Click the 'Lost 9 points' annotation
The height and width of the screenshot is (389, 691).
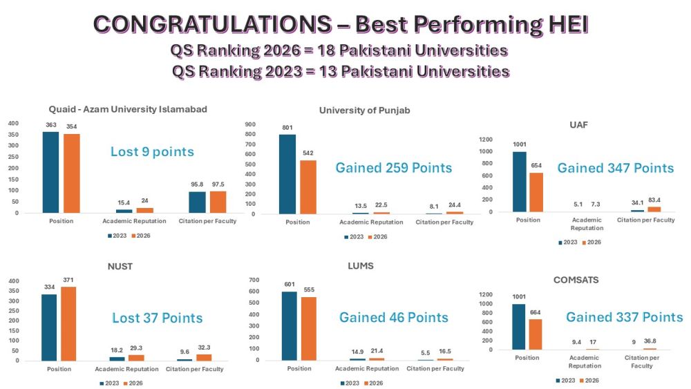(x=152, y=152)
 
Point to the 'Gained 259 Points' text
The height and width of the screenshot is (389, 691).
(x=393, y=168)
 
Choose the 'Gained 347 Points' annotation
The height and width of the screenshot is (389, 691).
(x=615, y=168)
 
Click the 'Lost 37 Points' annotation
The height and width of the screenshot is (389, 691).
(x=157, y=318)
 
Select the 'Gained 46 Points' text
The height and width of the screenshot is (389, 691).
(x=393, y=318)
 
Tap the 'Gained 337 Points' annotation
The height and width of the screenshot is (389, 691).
(x=624, y=317)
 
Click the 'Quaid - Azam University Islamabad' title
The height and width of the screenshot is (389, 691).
(x=128, y=109)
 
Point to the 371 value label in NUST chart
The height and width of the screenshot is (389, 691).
(x=68, y=280)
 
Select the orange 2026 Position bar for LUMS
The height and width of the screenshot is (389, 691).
(x=308, y=328)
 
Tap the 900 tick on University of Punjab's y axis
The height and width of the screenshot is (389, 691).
(x=251, y=124)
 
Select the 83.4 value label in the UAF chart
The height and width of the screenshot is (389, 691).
(x=655, y=200)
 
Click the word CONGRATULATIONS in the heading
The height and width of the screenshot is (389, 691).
(x=211, y=25)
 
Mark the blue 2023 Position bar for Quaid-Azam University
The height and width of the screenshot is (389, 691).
(x=50, y=172)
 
